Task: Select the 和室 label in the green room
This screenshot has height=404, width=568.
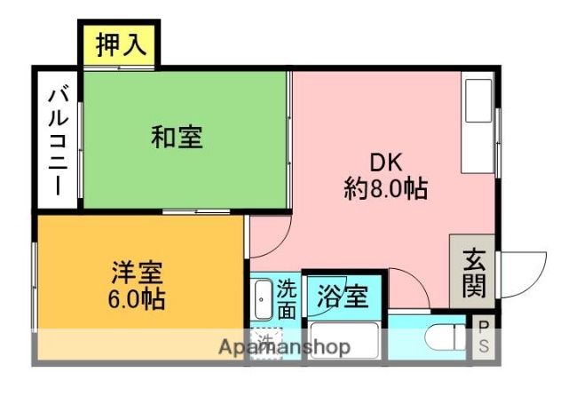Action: pyautogui.click(x=177, y=138)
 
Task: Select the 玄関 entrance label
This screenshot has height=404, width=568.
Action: pyautogui.click(x=472, y=272)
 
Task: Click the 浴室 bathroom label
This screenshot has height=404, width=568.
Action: pyautogui.click(x=343, y=296)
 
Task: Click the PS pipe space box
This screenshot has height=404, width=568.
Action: pyautogui.click(x=484, y=338)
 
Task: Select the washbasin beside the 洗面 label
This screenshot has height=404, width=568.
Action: pyautogui.click(x=263, y=301)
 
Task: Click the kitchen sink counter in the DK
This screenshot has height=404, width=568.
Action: pyautogui.click(x=478, y=123)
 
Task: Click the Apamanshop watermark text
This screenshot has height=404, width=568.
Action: pyautogui.click(x=284, y=347)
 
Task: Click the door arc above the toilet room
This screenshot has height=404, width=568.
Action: pyautogui.click(x=410, y=288)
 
